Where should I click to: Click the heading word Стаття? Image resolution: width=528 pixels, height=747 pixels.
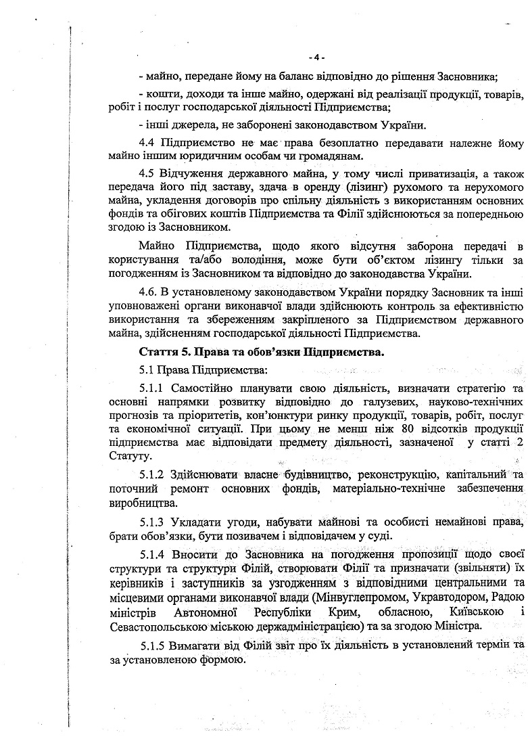tap(156, 353)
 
